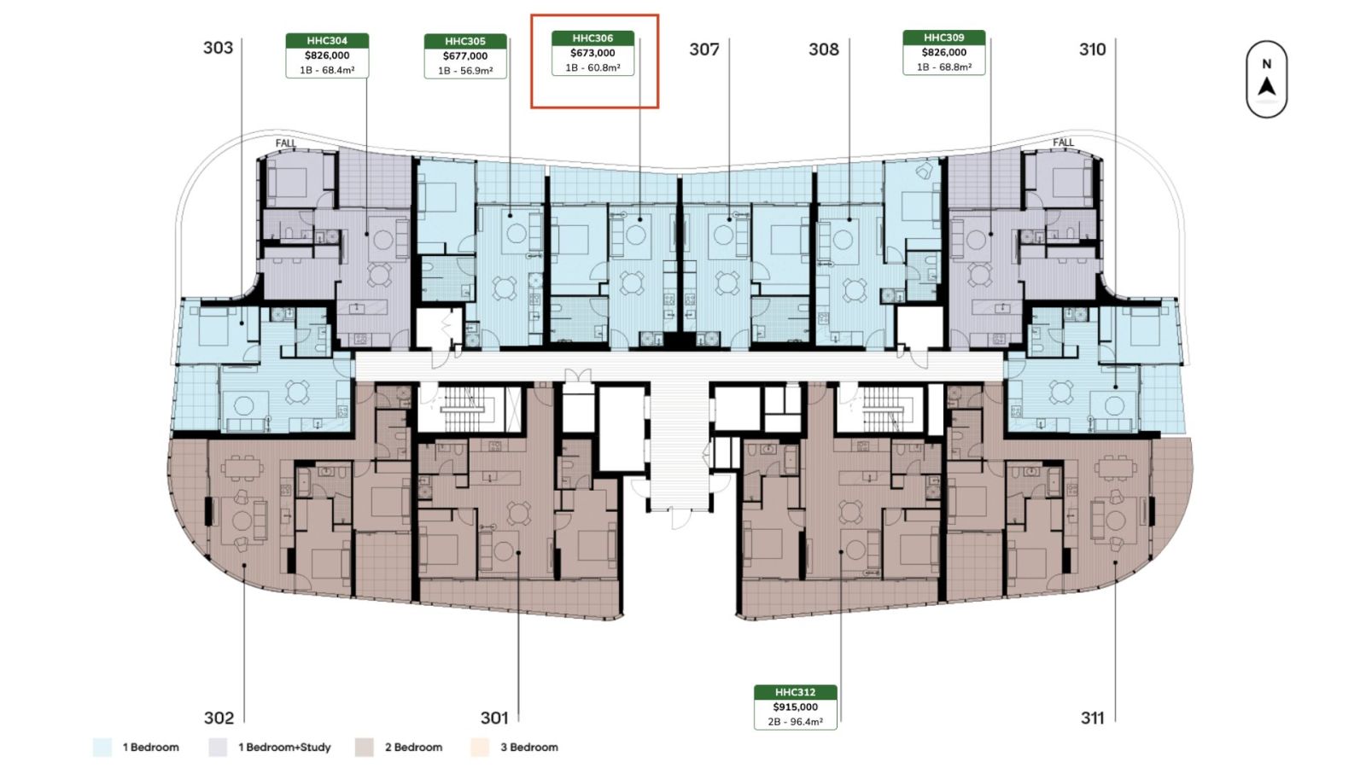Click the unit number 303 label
(x=218, y=48)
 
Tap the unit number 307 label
(x=704, y=49)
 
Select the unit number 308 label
(x=824, y=49)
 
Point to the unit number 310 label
(x=1092, y=49)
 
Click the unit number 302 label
(x=219, y=718)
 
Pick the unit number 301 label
(x=494, y=718)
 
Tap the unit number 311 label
(x=1092, y=719)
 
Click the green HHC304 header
(x=328, y=41)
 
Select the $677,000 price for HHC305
(x=465, y=56)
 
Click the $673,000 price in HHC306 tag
(x=593, y=53)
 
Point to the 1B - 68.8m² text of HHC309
(x=944, y=67)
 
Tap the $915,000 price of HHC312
(x=795, y=707)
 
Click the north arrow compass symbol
(x=1267, y=79)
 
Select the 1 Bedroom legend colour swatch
(x=102, y=748)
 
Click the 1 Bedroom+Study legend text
(x=284, y=748)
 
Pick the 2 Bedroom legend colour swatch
(x=364, y=748)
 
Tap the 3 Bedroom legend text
(x=529, y=748)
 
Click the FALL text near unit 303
(x=285, y=143)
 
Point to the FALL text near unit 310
(x=1063, y=143)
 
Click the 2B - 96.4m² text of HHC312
(x=795, y=722)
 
